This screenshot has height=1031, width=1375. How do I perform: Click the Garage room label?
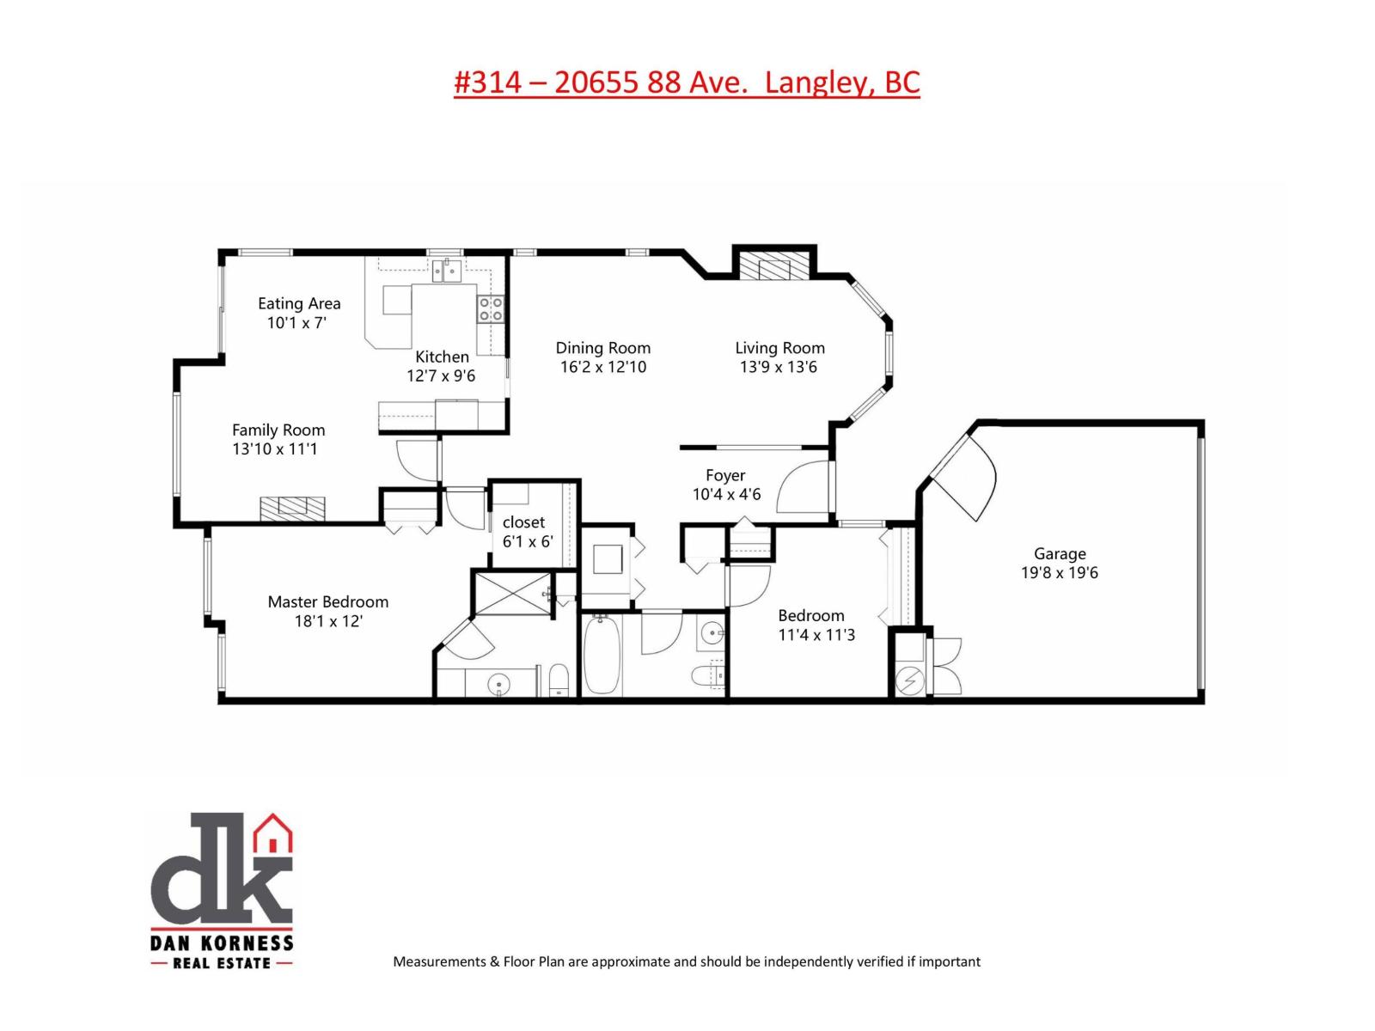(1059, 554)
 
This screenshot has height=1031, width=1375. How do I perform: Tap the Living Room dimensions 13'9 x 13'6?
(779, 367)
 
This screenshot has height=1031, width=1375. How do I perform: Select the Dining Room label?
(602, 348)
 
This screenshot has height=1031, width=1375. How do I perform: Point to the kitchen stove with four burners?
(491, 308)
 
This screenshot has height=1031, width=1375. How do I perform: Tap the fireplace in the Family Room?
(293, 508)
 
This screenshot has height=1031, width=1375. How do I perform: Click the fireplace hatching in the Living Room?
(773, 265)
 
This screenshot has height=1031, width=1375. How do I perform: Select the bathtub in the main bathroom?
(602, 655)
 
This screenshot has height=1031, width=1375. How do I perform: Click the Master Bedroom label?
(327, 601)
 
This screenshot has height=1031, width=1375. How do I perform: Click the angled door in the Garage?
(962, 473)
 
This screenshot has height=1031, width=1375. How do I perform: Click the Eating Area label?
(299, 303)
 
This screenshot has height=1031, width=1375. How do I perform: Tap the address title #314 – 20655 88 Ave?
(687, 82)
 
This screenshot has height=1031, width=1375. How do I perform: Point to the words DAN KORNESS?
(222, 942)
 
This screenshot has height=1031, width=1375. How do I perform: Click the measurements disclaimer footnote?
(686, 961)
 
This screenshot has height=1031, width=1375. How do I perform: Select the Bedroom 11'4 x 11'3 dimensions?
(816, 635)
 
